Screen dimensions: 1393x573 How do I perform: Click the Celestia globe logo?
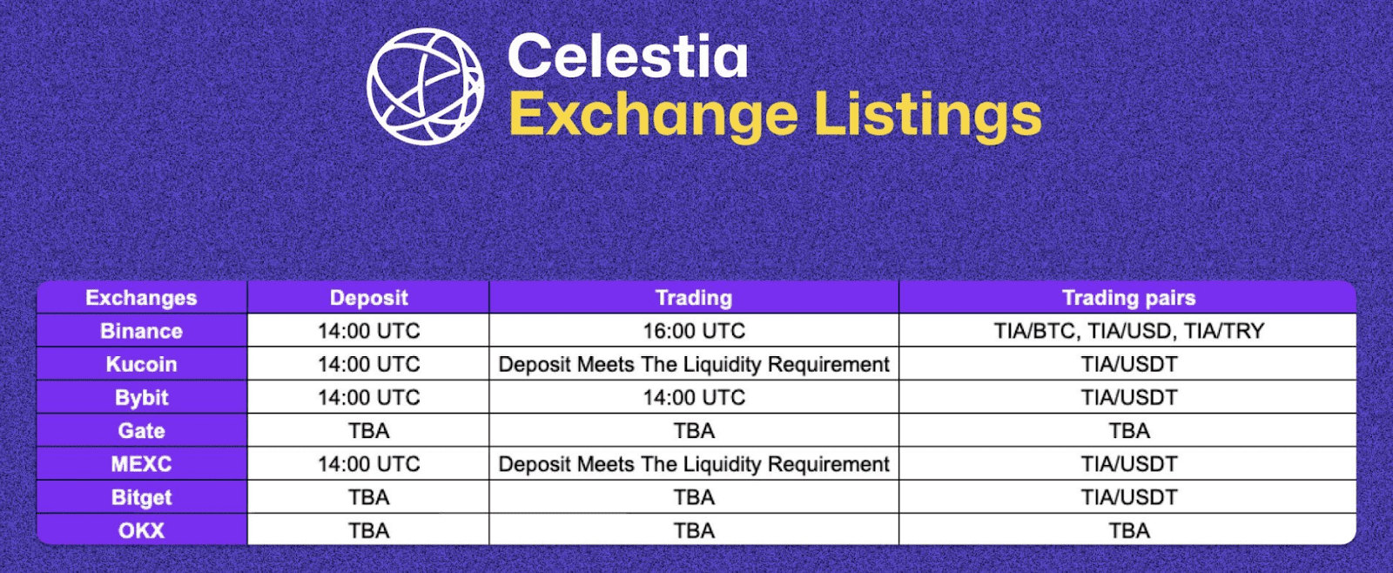(425, 86)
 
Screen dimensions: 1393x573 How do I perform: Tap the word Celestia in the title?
(628, 56)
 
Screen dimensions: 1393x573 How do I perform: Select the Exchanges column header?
(141, 298)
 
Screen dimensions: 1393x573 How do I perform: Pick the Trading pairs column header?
(1128, 298)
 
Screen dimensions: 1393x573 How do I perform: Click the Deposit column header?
(369, 298)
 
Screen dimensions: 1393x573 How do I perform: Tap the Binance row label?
(141, 331)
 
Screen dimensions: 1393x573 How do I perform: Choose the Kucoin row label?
(141, 364)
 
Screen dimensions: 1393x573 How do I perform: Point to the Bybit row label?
(141, 398)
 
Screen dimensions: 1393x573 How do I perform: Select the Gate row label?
(141, 430)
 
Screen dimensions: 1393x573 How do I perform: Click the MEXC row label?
(141, 464)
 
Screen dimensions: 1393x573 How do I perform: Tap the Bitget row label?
(141, 498)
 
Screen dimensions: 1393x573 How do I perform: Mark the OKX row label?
(141, 530)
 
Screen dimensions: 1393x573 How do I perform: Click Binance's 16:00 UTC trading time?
(694, 331)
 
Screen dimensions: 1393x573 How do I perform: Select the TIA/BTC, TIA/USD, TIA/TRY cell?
(1128, 331)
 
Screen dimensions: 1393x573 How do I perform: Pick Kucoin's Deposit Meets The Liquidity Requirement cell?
(694, 364)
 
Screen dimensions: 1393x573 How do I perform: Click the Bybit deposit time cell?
(369, 398)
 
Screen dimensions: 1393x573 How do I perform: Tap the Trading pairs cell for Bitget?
(1128, 498)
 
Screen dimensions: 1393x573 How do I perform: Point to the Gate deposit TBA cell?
(369, 430)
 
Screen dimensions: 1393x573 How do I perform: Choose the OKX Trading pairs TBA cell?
(1128, 530)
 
